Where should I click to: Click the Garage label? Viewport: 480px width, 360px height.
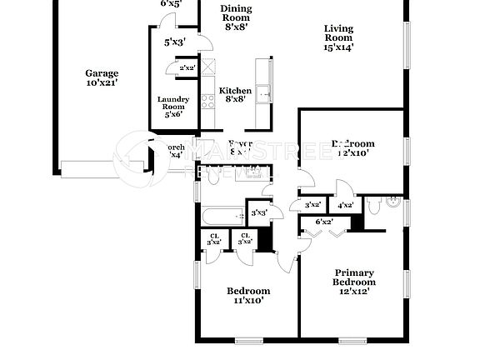pyautogui.click(x=102, y=72)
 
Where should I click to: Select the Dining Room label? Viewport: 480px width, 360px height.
pyautogui.click(x=236, y=12)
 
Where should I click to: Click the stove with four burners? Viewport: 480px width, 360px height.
pyautogui.click(x=207, y=102)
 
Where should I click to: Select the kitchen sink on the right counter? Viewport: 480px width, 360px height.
pyautogui.click(x=264, y=93)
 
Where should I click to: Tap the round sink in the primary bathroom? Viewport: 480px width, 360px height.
pyautogui.click(x=395, y=201)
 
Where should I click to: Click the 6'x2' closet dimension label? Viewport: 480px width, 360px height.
pyautogui.click(x=324, y=221)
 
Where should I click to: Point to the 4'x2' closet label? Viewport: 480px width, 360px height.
pyautogui.click(x=344, y=205)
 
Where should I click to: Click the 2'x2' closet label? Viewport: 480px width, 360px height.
pyautogui.click(x=187, y=68)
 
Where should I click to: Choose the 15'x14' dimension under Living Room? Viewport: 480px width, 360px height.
pyautogui.click(x=338, y=47)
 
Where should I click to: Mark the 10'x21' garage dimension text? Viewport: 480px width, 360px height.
pyautogui.click(x=102, y=83)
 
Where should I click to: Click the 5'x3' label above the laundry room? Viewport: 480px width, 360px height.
pyautogui.click(x=174, y=42)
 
